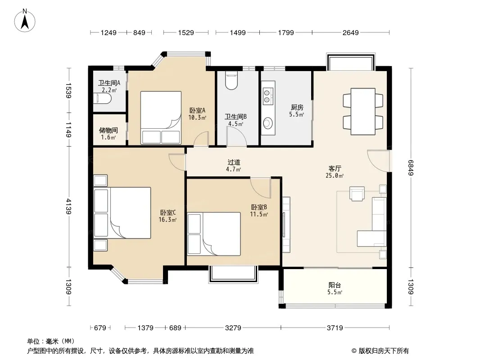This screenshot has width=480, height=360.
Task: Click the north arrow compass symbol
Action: coord(25,20)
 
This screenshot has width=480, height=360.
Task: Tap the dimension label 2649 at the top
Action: coord(350,32)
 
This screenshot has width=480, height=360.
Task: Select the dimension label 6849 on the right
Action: coord(411,168)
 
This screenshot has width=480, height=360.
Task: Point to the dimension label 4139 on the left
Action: coord(68,206)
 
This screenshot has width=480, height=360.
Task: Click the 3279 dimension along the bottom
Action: coord(233,328)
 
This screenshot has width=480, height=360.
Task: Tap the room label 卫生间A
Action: coord(109,83)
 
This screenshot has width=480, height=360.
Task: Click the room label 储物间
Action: coord(109,130)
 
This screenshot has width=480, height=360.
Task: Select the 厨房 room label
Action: coord(297,108)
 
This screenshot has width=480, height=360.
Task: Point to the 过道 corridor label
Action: coord(234,162)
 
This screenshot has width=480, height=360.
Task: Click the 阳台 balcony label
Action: coord(335,285)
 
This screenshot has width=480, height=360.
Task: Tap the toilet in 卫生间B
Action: coord(231,81)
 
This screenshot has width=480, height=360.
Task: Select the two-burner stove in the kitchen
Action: coord(268,96)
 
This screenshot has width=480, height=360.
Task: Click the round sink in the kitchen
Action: coord(268,123)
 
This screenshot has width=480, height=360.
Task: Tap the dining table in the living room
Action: coord(363,112)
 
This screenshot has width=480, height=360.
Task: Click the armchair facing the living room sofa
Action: coord(357,193)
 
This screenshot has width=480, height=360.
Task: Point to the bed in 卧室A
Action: coord(161,117)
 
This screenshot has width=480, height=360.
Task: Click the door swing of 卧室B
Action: coord(261,187)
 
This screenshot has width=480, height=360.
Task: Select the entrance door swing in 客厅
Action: coord(378,161)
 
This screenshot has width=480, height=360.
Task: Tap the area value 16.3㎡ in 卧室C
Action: coord(168,220)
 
